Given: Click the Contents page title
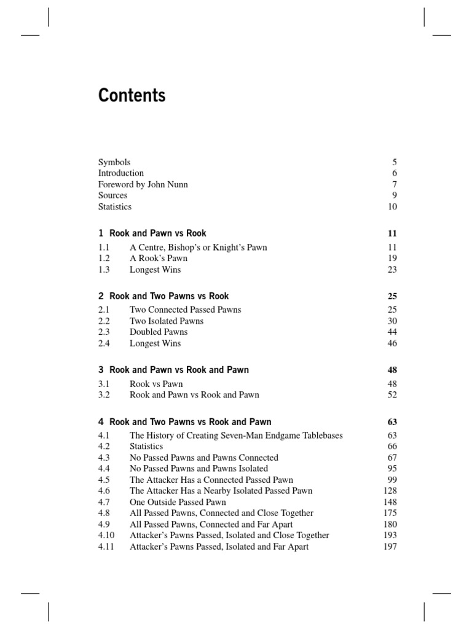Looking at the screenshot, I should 132,96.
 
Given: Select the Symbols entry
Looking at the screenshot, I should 114,162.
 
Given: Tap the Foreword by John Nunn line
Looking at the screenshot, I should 143,184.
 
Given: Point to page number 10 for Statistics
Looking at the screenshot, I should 392,206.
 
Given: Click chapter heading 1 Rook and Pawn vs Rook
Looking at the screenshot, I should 152,233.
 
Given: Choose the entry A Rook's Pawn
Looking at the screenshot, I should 159,258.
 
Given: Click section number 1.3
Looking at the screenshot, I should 103,269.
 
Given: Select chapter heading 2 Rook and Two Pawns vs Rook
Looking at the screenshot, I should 163,296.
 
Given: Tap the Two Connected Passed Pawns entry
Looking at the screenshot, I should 185,310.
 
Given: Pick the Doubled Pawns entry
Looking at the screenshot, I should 159,332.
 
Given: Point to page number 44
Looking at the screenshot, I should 392,332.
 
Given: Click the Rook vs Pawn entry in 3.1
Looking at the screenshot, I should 156,384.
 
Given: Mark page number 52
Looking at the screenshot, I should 392,395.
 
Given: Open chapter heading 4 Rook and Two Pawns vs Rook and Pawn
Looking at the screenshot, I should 184,422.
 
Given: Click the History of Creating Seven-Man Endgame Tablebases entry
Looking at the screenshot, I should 236,436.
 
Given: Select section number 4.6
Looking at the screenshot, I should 103,491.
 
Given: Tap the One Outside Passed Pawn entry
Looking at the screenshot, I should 178,502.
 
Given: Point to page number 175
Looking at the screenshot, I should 390,513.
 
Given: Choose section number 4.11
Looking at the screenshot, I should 106,547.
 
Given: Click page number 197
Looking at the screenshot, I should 390,547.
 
